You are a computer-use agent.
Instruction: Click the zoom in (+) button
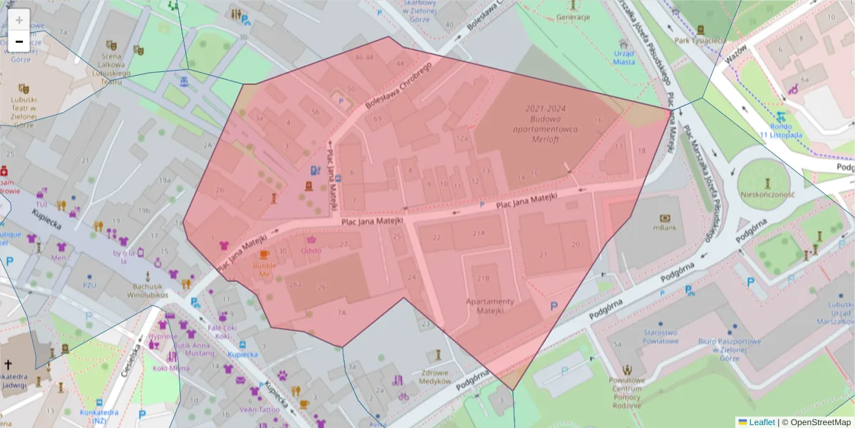pos(19,20)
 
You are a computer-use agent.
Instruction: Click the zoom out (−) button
pos(19,41)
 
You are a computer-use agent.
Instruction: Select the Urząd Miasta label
pos(623,58)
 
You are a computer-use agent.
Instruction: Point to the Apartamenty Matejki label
pos(489,306)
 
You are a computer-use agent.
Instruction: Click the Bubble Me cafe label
pos(264,270)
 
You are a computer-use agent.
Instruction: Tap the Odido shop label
pos(311,250)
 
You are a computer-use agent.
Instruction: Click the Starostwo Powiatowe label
pos(660,337)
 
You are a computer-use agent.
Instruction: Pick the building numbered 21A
pos(478,233)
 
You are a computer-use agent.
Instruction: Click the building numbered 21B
pos(483,278)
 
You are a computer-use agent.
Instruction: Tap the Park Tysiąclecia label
pos(700,41)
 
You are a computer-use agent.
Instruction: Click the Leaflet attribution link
pos(761,422)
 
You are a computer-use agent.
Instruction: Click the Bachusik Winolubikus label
pos(147,290)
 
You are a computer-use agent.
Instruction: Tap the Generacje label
pos(574,17)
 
